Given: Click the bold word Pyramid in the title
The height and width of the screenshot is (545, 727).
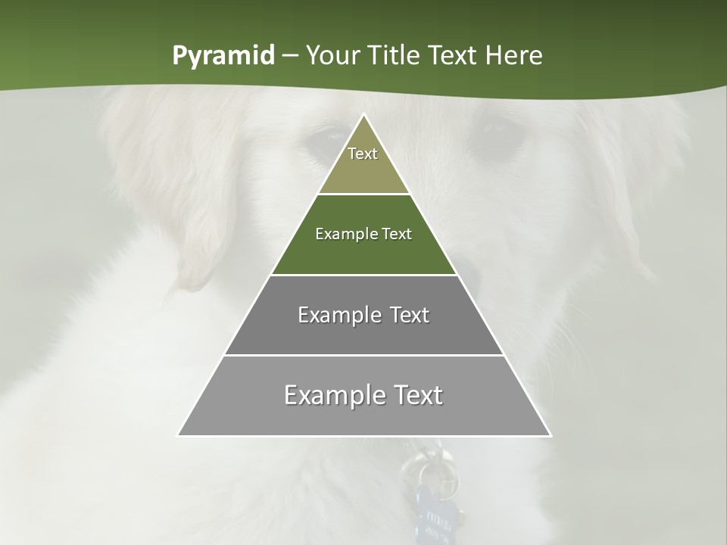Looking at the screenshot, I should (x=223, y=56).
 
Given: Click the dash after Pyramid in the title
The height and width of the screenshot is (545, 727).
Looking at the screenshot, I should (x=289, y=56).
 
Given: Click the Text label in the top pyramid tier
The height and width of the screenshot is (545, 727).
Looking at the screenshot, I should (x=363, y=154).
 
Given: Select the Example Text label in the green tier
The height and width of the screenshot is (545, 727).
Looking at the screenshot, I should (x=363, y=234).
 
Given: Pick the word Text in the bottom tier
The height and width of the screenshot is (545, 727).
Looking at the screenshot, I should (x=416, y=395).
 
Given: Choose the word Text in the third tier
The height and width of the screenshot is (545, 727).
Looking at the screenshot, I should (x=410, y=315).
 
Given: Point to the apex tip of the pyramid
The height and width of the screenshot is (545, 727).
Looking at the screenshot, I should (x=364, y=115).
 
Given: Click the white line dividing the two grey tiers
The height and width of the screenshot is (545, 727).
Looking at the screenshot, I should (x=363, y=355).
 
